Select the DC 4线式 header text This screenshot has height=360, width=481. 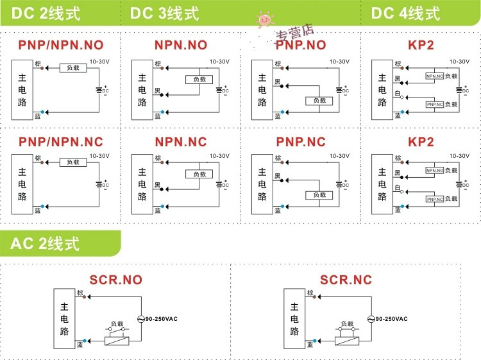click(x=405, y=13)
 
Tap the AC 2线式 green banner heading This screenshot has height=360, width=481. click(x=45, y=244)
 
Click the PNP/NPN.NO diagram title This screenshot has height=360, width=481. click(x=60, y=45)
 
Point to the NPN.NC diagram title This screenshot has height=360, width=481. click(x=181, y=142)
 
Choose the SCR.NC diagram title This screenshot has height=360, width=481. click(x=346, y=280)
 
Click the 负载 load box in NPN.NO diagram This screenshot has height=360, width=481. click(x=198, y=80)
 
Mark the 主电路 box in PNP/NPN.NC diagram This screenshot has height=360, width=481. click(x=22, y=185)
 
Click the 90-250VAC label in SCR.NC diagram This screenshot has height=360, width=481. click(x=391, y=319)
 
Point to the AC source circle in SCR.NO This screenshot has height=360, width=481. click(x=140, y=319)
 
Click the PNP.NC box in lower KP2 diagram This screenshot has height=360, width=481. click(x=435, y=200)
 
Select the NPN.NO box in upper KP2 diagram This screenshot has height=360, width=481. click(x=435, y=76)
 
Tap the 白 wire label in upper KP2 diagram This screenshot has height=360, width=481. click(x=398, y=93)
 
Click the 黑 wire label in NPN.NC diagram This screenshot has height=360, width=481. click(x=157, y=185)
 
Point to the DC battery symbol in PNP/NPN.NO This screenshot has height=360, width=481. click(x=99, y=90)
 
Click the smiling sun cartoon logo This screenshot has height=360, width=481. click(x=264, y=21)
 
